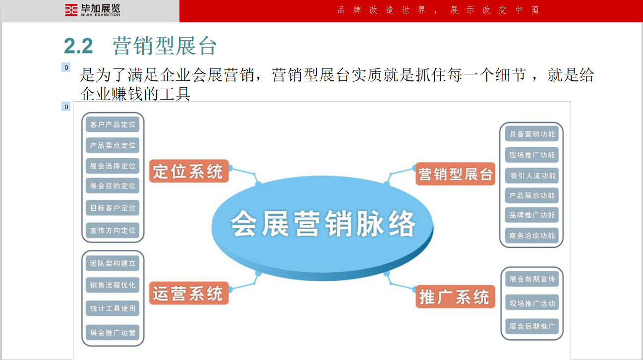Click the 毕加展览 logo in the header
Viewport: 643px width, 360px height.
[x=92, y=10]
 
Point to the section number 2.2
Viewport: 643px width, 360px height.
[x=78, y=46]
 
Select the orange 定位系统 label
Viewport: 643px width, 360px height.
[x=188, y=172]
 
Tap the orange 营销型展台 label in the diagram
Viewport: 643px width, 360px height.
[x=455, y=174]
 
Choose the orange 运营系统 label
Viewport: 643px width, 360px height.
[x=188, y=294]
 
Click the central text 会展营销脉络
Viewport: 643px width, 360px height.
[x=323, y=224]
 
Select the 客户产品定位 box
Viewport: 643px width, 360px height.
[x=113, y=124]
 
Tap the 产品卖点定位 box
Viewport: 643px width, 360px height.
[x=113, y=145]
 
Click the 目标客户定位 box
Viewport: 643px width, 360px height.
[x=113, y=208]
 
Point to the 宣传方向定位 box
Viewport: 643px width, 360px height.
[x=113, y=231]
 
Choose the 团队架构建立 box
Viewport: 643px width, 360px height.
[x=113, y=263]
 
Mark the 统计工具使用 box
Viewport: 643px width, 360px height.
[x=113, y=308]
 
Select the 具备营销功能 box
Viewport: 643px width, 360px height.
[x=532, y=134]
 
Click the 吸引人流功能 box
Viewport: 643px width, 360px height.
[x=532, y=176]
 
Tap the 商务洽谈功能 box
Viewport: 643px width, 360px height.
[x=532, y=236]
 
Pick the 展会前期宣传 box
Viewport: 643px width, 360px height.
[x=532, y=279]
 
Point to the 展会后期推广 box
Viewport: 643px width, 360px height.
[x=532, y=326]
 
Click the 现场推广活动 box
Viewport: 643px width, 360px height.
[x=532, y=303]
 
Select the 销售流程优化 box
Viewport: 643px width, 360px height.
[x=113, y=285]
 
